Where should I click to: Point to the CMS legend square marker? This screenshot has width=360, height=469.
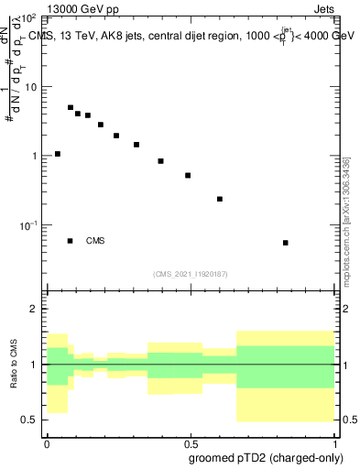(x=71, y=241)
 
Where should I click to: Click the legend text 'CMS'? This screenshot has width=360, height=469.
(x=95, y=241)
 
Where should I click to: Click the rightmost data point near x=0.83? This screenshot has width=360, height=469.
(x=286, y=243)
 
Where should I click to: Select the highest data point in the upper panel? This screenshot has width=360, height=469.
(x=71, y=107)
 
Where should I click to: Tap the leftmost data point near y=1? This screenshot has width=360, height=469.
(x=58, y=154)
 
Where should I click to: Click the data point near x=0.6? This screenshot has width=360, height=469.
(x=220, y=199)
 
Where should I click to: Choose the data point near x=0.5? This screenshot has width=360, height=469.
(x=188, y=175)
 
